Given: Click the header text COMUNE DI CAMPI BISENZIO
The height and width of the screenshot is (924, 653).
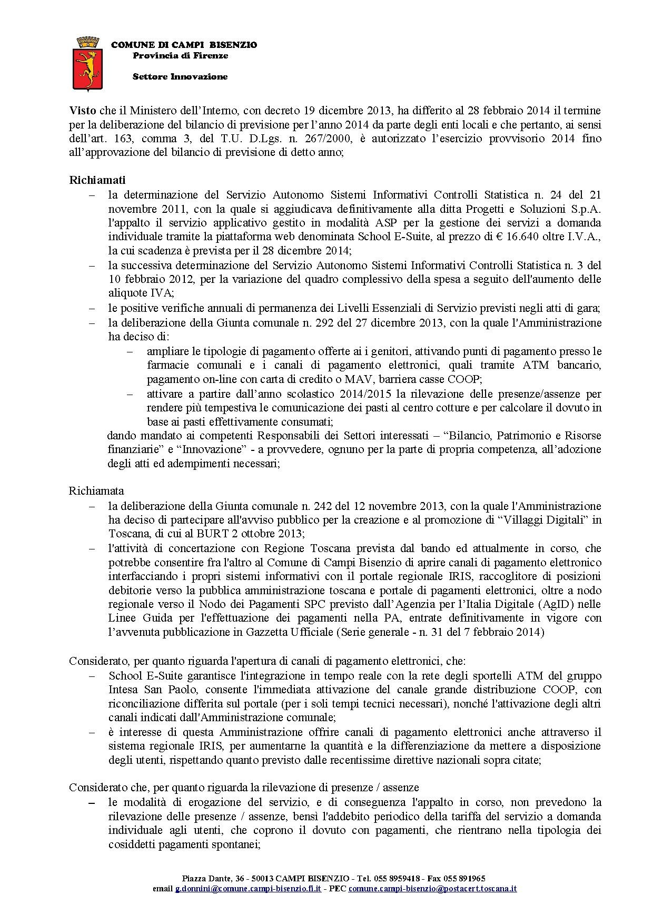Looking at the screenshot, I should click(x=184, y=45).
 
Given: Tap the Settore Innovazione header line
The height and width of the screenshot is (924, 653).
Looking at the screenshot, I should click(x=180, y=76).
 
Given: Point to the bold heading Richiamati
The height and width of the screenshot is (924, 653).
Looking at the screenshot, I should click(x=97, y=180).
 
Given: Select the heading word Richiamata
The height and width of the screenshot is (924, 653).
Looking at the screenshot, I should click(x=96, y=490).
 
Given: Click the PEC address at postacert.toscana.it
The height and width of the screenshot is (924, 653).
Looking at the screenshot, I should click(x=432, y=888).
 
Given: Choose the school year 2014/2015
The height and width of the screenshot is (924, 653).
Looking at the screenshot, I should click(x=328, y=394).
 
